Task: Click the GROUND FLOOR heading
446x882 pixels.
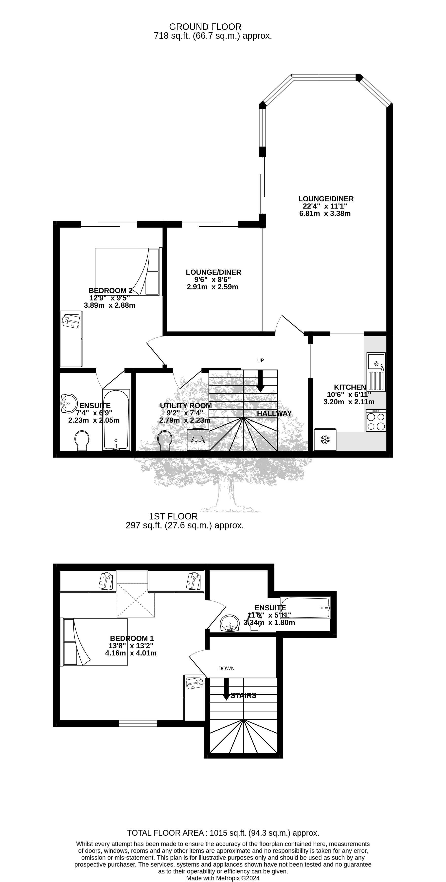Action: [x=205, y=27]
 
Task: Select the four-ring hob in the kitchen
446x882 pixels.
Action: [x=376, y=421]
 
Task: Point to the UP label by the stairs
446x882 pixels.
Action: [x=260, y=360]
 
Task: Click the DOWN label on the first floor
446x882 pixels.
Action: [x=226, y=668]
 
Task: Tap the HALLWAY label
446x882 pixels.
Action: [x=274, y=413]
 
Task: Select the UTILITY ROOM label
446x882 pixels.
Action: [x=186, y=406]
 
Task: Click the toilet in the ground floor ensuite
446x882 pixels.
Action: [x=82, y=440]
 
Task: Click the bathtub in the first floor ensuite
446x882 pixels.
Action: [x=305, y=608]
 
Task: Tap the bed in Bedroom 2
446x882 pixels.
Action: [x=127, y=271]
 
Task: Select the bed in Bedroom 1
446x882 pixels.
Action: [x=95, y=642]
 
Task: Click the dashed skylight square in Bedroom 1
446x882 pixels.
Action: [x=136, y=600]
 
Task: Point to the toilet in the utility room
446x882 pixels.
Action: [x=165, y=440]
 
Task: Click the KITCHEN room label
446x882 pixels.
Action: [x=350, y=387]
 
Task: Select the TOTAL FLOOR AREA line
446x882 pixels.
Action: [x=223, y=833]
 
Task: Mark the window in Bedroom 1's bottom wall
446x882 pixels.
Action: [x=138, y=723]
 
